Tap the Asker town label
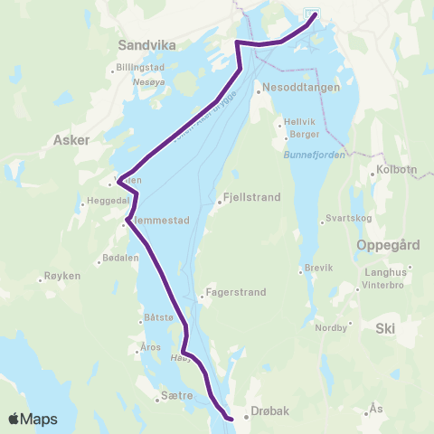coord(72,140)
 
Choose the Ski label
coord(387,332)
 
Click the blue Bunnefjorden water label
coord(309,156)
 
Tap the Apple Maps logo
coord(33,419)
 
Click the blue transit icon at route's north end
coord(311,14)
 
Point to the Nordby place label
coord(330,329)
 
